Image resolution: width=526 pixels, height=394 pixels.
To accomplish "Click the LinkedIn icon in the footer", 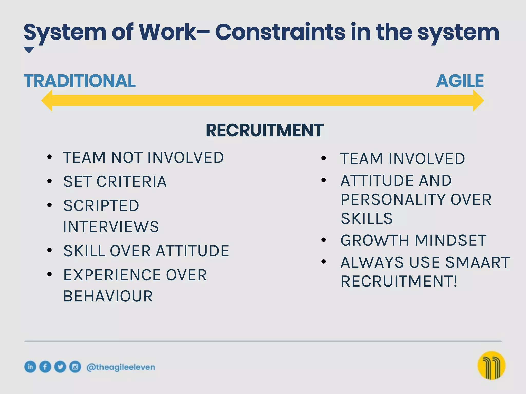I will [x=30, y=367].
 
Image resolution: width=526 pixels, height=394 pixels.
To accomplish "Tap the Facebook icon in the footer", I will [x=45, y=367].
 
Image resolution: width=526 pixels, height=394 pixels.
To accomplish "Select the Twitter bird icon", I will [x=60, y=367].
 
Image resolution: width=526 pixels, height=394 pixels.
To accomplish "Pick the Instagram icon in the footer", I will [x=75, y=367].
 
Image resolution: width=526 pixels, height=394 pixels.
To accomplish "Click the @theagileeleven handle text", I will [x=121, y=367].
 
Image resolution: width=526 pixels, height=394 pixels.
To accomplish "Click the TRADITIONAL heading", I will [x=80, y=81].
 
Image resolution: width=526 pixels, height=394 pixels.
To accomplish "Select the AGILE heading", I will [x=460, y=81].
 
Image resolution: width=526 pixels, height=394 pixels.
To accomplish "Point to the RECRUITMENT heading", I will [x=265, y=131].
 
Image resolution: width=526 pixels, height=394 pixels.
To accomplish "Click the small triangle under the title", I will [x=29, y=50].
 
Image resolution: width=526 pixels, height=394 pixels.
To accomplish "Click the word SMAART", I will [x=477, y=262].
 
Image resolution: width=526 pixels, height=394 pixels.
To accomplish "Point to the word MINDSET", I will [x=450, y=241].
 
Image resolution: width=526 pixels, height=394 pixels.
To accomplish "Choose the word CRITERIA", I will [x=131, y=182].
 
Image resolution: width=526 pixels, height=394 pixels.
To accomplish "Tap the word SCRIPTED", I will [x=101, y=206].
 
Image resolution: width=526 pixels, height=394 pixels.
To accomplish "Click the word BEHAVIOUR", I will [x=108, y=296].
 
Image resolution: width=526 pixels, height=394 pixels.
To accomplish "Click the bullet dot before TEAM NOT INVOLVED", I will [x=50, y=157].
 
